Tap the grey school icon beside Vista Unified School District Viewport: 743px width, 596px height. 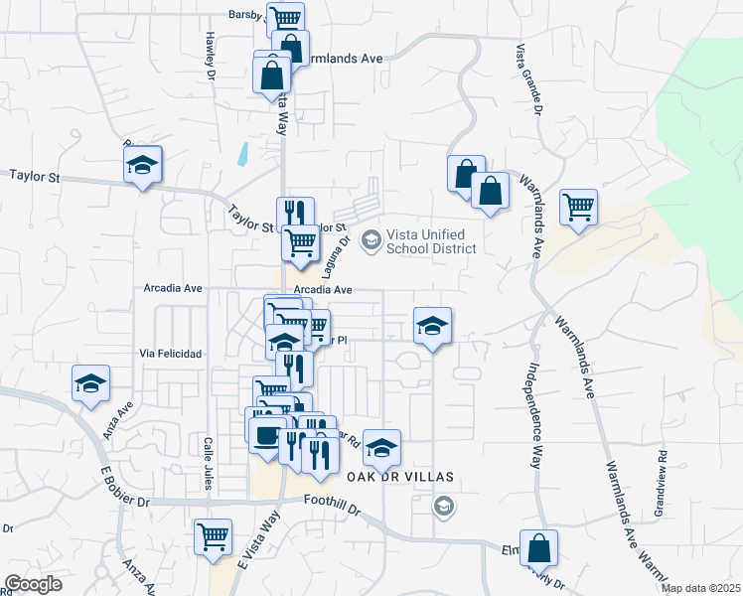[x=371, y=238]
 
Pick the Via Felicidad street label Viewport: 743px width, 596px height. [x=171, y=354]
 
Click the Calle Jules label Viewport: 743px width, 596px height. [x=209, y=464]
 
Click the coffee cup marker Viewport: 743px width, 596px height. [x=265, y=434]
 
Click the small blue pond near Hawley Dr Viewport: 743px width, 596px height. [x=242, y=153]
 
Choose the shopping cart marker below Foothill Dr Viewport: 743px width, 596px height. [x=213, y=536]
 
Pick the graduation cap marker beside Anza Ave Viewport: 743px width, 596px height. [x=90, y=383]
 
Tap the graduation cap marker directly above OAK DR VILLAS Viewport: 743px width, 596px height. [x=380, y=447]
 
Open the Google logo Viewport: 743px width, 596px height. [x=33, y=584]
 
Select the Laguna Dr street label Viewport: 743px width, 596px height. [x=339, y=248]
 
